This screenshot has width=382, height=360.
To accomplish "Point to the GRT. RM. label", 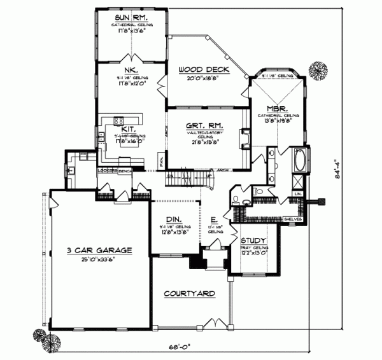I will [x=204, y=127].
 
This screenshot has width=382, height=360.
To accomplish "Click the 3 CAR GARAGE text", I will [x=99, y=251].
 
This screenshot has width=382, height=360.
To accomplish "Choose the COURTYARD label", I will [x=189, y=293].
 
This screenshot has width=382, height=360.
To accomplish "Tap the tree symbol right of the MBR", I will [x=318, y=69].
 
